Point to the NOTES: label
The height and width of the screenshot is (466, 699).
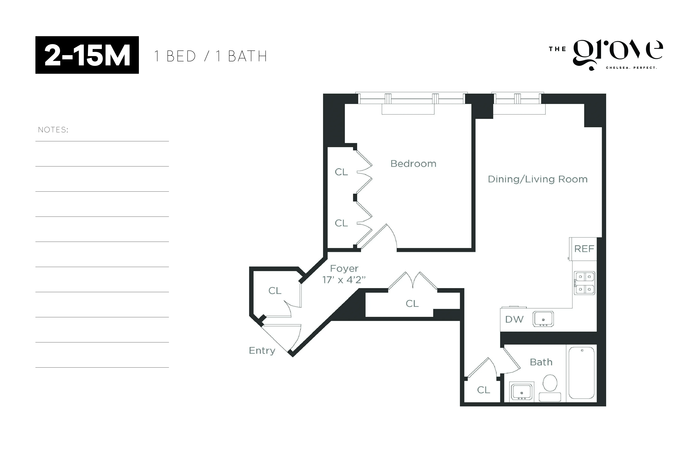tap(53, 130)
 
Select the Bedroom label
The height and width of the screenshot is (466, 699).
tap(413, 164)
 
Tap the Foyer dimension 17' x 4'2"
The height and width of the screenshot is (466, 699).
tap(344, 280)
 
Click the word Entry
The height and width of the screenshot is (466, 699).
tap(262, 351)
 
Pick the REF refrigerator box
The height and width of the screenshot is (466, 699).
tap(584, 249)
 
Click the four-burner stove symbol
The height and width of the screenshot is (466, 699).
tap(584, 283)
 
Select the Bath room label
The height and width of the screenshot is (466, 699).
tap(541, 362)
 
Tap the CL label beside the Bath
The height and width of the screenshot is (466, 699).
tap(483, 390)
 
